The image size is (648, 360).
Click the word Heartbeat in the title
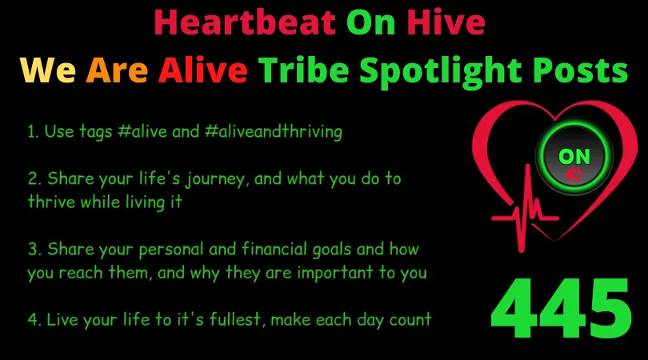(245, 22)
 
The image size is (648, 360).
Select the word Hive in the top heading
(446, 22)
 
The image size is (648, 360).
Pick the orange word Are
(117, 70)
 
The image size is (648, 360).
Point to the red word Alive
(203, 70)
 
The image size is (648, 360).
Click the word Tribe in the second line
(304, 70)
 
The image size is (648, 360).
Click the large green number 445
(562, 308)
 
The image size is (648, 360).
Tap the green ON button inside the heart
(574, 157)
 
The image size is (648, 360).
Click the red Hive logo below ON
(574, 174)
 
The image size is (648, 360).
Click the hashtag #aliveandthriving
(273, 131)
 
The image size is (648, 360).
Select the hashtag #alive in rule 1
(142, 131)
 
